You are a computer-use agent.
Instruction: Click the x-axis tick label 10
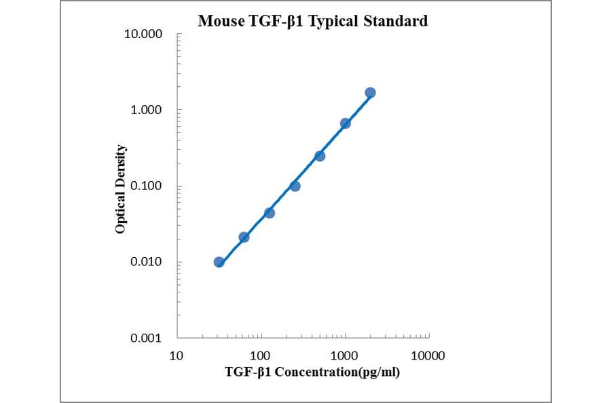(177, 356)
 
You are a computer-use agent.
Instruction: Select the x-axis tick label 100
(261, 356)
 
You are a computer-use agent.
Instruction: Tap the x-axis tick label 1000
(345, 356)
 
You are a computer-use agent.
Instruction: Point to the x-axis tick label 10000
(428, 356)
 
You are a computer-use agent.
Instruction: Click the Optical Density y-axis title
(121, 189)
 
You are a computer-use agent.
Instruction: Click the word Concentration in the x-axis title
(314, 372)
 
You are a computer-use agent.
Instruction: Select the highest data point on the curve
(370, 92)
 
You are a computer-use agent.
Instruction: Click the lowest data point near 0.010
(219, 262)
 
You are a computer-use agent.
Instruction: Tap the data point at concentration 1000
(345, 123)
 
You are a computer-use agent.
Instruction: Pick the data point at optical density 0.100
(295, 186)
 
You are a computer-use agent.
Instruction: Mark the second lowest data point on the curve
(244, 237)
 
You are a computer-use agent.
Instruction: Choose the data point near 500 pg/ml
(320, 156)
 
